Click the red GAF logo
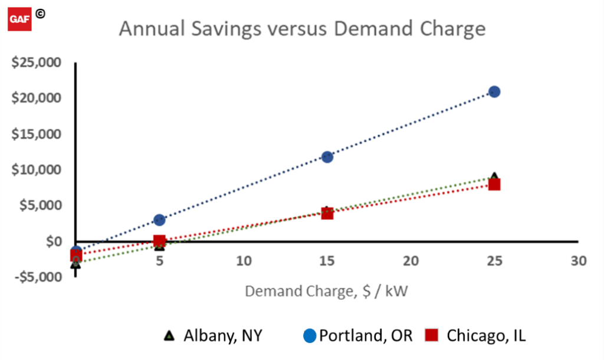19,19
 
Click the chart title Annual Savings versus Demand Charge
302,28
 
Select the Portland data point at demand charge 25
494,91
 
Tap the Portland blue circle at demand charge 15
327,157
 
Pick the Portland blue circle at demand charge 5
159,220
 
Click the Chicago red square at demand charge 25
494,184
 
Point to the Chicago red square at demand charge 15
327,213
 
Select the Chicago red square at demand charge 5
159,241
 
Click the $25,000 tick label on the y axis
36,63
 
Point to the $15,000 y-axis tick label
36,134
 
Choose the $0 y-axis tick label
52,241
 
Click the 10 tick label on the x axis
243,261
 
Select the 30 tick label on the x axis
578,261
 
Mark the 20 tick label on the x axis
411,261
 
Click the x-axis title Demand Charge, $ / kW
327,291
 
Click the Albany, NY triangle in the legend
169,336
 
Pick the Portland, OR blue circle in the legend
310,336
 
